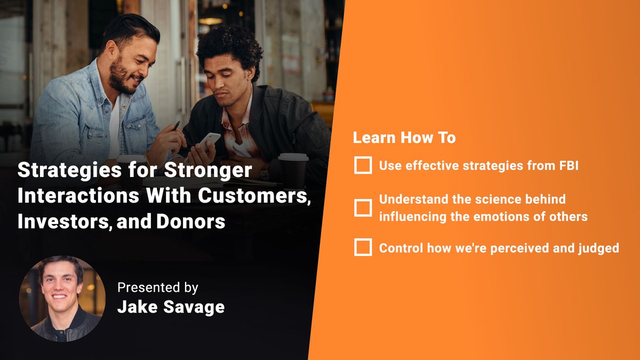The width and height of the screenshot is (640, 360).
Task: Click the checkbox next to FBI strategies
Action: point(363,166)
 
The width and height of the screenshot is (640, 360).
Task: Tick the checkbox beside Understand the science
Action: point(363,207)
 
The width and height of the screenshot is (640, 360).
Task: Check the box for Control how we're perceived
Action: point(363,248)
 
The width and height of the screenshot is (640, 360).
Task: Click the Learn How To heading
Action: point(404,138)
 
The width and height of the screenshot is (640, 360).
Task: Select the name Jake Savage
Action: point(171,308)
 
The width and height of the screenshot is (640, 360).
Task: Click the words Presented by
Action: point(157,288)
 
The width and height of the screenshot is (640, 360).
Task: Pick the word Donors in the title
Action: point(190,222)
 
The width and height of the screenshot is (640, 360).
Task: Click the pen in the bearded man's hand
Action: point(175,126)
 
